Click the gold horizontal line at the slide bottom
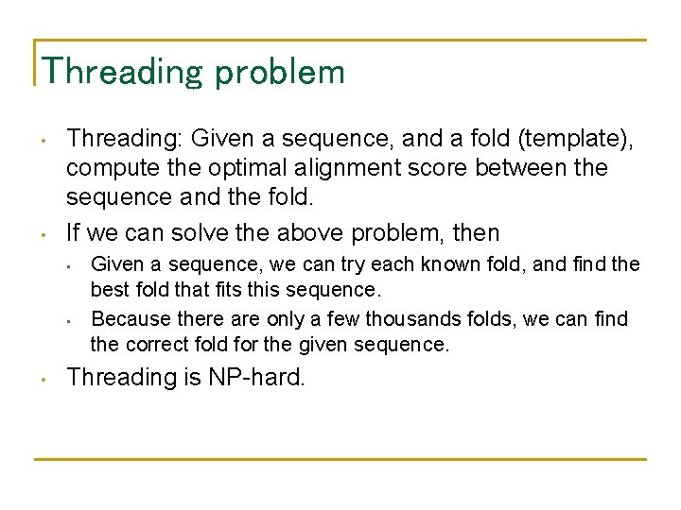(x=340, y=459)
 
